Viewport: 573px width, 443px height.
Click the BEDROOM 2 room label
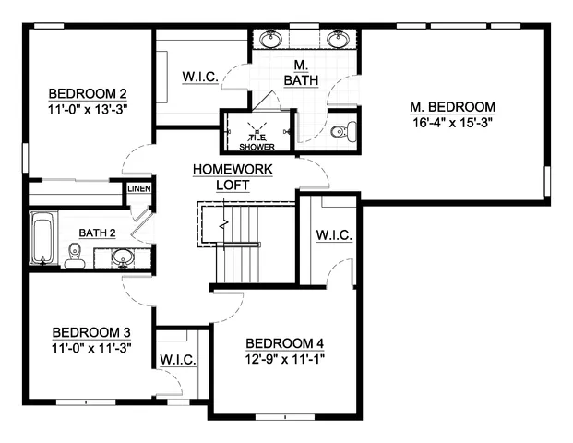[x=88, y=93]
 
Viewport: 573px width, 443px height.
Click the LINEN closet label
[x=139, y=188]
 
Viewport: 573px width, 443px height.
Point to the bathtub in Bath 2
[x=43, y=238]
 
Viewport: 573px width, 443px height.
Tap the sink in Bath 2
[x=124, y=257]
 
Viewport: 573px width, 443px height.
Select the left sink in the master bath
[x=271, y=39]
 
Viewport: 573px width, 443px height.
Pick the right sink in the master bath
[x=335, y=39]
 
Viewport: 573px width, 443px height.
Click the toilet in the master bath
[x=340, y=132]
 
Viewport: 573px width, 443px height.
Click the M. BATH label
[x=301, y=73]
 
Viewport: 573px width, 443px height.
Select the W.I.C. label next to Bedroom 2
[x=200, y=77]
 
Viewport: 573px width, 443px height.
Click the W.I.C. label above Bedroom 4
[x=334, y=235]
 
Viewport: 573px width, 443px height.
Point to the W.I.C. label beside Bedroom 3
[x=176, y=359]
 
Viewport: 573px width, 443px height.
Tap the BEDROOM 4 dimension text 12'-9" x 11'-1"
[x=286, y=359]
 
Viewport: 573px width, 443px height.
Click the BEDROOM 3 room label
[x=90, y=332]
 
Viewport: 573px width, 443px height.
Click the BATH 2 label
[x=97, y=233]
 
